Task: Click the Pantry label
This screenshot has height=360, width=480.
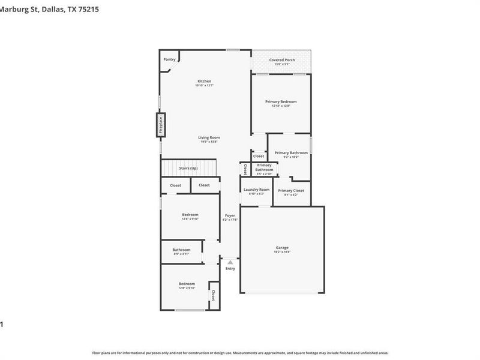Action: click(169, 59)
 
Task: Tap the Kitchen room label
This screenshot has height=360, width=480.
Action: click(205, 81)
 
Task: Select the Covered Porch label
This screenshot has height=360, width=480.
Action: click(281, 60)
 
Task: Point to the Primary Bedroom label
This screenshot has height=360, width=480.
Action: click(281, 102)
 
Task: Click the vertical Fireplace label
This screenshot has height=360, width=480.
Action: click(161, 125)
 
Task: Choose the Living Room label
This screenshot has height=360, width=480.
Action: click(209, 137)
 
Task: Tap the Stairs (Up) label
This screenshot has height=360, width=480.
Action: click(188, 168)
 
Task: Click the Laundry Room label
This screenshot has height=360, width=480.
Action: click(256, 190)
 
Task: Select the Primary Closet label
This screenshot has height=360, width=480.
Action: click(291, 190)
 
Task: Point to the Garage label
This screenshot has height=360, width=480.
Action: click(282, 247)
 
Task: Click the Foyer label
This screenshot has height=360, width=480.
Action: click(230, 215)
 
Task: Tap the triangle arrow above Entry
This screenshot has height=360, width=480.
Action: click(230, 262)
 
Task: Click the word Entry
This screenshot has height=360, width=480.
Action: click(230, 268)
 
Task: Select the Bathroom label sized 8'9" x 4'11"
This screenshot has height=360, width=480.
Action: click(181, 250)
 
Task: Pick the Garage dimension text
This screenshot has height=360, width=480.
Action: click(282, 252)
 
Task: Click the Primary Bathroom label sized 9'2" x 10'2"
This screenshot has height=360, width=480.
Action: click(291, 153)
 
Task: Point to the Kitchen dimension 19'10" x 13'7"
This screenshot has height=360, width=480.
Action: click(205, 86)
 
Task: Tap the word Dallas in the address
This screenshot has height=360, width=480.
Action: click(57, 9)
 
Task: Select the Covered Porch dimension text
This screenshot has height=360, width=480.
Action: click(281, 65)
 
